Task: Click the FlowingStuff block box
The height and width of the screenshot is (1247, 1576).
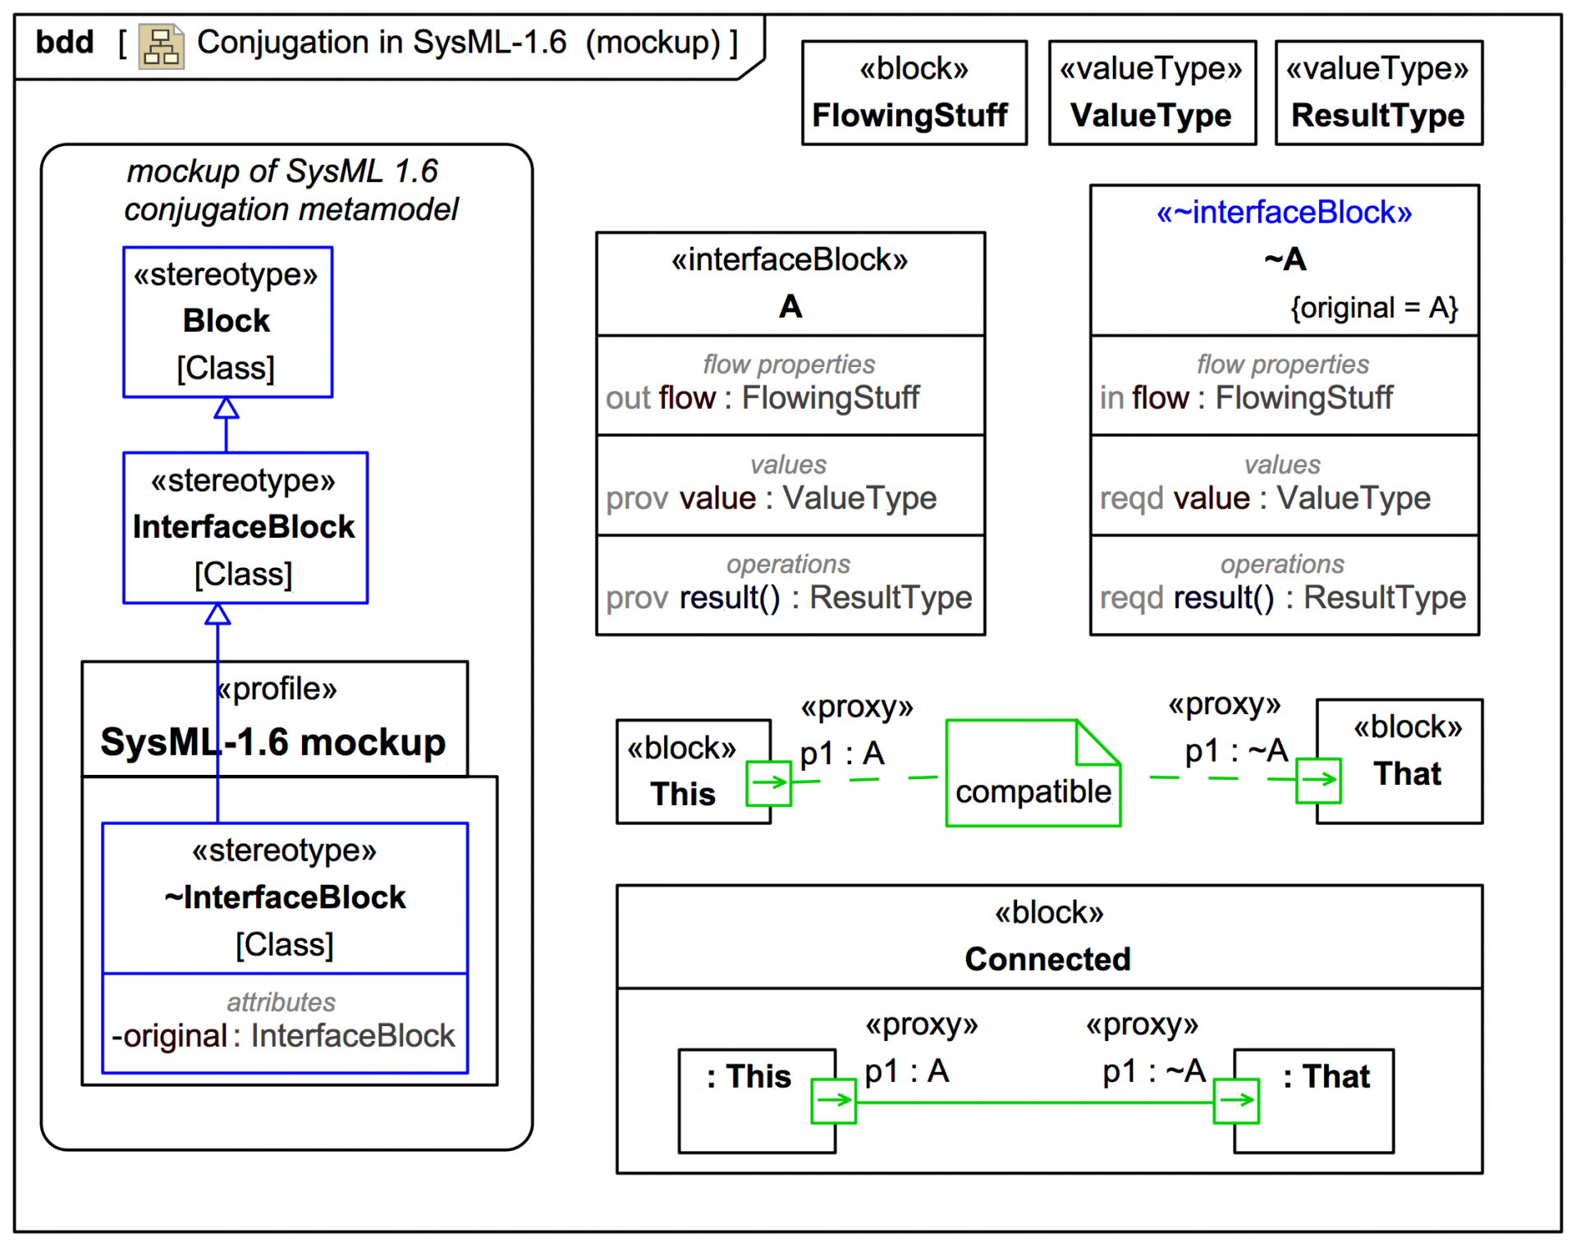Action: pos(914,93)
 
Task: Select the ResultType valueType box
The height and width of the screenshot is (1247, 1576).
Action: pos(1378,93)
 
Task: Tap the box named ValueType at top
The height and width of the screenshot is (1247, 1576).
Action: pos(1152,93)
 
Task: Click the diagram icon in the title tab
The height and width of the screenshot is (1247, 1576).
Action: pos(161,46)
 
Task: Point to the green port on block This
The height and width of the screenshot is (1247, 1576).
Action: pos(768,783)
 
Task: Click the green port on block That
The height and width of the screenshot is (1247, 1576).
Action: pos(1317,780)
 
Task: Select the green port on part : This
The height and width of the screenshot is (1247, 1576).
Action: pos(833,1101)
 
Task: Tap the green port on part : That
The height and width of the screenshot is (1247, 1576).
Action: pos(1235,1101)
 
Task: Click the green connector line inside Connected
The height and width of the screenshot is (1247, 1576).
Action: pos(1034,1103)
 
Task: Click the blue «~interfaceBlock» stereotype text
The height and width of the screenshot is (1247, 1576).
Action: pos(1284,213)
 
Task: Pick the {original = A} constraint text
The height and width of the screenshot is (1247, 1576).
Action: pos(1373,308)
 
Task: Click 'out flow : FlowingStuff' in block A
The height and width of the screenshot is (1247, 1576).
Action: pos(763,398)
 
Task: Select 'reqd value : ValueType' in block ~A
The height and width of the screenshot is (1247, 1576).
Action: pos(1265,498)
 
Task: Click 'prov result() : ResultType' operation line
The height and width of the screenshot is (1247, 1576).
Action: pos(789,598)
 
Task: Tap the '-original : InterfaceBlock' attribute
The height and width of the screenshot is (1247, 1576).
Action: pos(283,1036)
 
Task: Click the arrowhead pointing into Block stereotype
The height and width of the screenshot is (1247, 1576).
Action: pos(227,408)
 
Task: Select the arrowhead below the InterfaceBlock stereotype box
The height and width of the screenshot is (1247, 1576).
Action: pos(218,614)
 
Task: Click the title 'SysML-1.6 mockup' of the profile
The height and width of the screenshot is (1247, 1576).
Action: pos(273,742)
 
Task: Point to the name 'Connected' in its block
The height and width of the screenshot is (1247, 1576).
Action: pos(1047,959)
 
